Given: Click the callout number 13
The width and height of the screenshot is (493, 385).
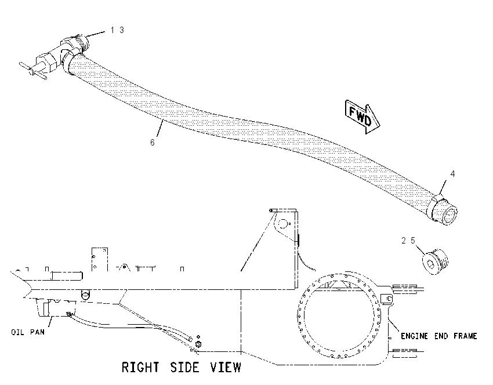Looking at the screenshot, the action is point(117,30).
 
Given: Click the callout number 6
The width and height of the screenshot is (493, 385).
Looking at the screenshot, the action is point(153,143).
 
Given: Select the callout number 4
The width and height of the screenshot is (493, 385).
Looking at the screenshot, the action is point(452,174).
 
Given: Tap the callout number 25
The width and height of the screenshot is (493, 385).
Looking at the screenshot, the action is point(408,241).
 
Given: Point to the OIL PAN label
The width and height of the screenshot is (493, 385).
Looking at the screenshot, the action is point(28,332).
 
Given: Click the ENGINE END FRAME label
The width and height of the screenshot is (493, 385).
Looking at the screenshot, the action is point(439,336).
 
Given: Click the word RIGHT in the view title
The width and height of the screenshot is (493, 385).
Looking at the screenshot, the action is point(140,368).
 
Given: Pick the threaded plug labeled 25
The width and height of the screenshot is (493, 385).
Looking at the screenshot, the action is point(435,261).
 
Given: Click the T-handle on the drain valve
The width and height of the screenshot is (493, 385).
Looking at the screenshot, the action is point(33,71).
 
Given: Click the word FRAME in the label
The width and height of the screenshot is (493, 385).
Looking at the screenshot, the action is point(466,336).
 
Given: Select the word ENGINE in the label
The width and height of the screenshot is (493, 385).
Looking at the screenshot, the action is point(414,336).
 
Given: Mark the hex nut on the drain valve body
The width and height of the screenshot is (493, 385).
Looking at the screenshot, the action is point(46,62).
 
